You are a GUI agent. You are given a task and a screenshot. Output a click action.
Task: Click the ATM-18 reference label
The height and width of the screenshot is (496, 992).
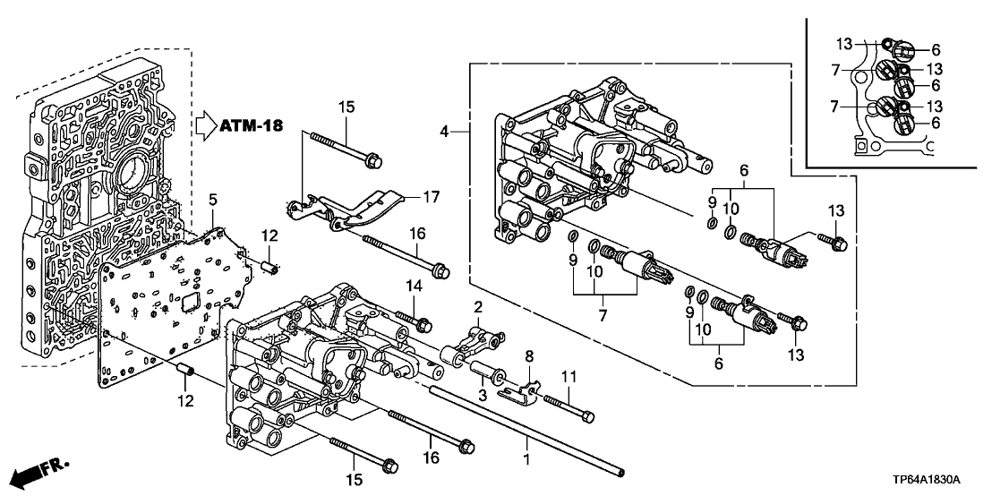252,125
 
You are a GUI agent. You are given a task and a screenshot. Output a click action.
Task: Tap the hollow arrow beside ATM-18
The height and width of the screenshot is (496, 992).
206,125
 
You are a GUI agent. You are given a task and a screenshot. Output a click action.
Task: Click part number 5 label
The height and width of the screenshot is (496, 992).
213,197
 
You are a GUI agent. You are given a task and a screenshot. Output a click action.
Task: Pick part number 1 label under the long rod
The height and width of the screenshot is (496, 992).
526,459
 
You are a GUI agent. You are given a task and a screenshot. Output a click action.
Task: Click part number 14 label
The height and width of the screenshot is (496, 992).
414,286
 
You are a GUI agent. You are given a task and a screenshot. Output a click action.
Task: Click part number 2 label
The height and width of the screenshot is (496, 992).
478,306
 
